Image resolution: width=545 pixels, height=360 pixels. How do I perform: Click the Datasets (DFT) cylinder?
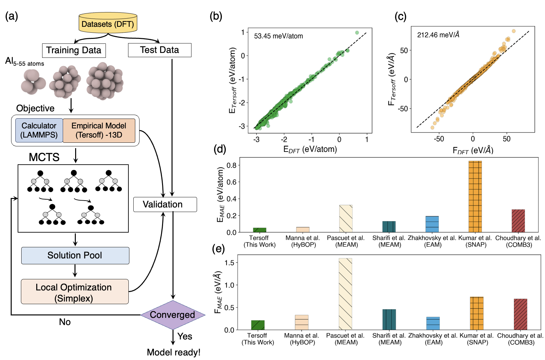(x=108, y=24)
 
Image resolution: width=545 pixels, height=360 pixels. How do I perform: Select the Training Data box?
(x=74, y=50)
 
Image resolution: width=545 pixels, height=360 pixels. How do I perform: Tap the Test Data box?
(x=159, y=50)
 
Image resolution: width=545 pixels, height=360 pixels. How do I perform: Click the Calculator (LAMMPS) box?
(x=39, y=130)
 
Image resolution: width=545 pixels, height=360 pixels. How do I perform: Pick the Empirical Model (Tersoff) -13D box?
(x=99, y=130)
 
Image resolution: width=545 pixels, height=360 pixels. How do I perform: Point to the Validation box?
(x=165, y=205)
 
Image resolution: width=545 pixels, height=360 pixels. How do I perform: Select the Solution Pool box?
(x=75, y=255)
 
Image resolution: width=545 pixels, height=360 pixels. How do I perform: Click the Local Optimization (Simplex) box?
(x=74, y=292)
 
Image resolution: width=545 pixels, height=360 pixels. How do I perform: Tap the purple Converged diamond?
(x=173, y=315)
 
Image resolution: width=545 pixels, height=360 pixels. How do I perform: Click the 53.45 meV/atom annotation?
(x=278, y=36)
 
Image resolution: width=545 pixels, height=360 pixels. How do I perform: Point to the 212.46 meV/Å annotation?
(x=438, y=35)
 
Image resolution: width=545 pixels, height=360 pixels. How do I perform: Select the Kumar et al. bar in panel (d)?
(x=475, y=196)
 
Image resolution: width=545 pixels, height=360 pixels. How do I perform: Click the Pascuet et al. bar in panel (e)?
(x=345, y=294)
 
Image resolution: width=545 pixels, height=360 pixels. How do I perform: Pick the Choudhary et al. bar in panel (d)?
(x=518, y=221)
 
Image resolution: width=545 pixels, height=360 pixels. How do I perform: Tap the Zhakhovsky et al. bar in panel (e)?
(x=433, y=323)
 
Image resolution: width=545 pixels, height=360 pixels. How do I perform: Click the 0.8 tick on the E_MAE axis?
(x=231, y=165)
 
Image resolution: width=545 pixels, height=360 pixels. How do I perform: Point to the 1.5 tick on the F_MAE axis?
(x=229, y=263)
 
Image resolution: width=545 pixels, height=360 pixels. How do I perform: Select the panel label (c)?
(x=400, y=16)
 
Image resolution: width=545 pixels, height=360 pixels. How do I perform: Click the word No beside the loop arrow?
(x=65, y=322)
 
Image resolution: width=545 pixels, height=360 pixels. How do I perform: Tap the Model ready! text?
(x=173, y=352)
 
